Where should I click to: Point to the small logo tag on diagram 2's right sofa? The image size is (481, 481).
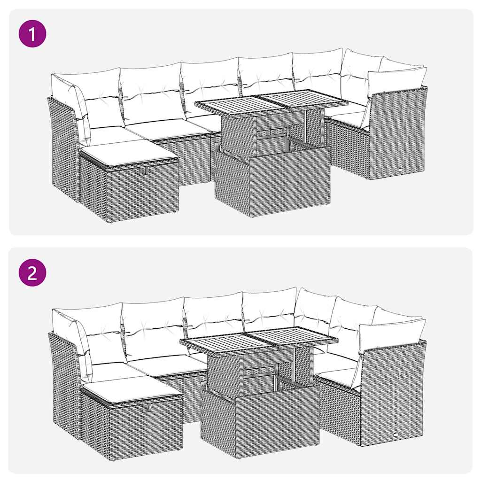397,435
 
